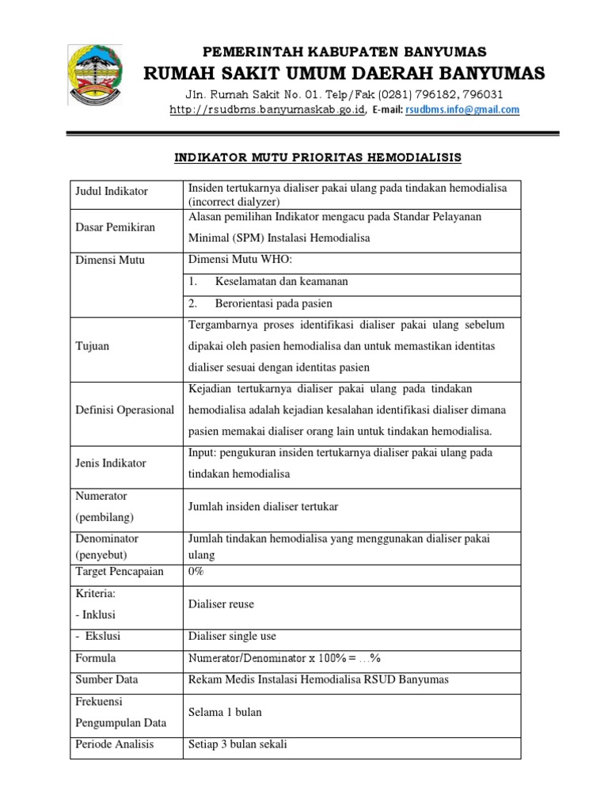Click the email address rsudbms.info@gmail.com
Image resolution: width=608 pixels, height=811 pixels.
pos(462,111)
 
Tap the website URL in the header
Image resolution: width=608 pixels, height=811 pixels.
pos(268,111)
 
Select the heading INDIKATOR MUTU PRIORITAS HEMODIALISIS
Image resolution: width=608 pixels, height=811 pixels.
pos(317,158)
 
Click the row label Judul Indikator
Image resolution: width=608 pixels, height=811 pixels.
pos(112,192)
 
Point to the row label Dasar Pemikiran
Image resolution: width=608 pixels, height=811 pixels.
pos(116,227)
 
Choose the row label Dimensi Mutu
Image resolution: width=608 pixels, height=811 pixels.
pos(110,260)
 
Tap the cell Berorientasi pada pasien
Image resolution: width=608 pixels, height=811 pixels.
pos(273,303)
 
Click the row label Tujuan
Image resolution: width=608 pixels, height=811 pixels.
pos(92,346)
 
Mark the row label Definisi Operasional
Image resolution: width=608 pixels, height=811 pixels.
pos(124,409)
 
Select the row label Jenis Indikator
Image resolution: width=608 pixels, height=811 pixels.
pos(112,463)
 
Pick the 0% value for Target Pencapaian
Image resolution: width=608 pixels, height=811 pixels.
pos(197,570)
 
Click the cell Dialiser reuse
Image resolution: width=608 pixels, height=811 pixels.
pos(221,603)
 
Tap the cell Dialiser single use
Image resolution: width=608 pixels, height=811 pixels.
pos(232,636)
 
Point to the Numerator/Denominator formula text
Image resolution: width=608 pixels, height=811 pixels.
pos(285,658)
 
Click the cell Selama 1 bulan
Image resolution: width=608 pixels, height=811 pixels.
pos(225,712)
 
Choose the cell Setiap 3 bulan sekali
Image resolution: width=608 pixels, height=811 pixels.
pos(237,744)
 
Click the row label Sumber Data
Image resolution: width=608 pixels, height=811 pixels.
pos(106,680)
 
